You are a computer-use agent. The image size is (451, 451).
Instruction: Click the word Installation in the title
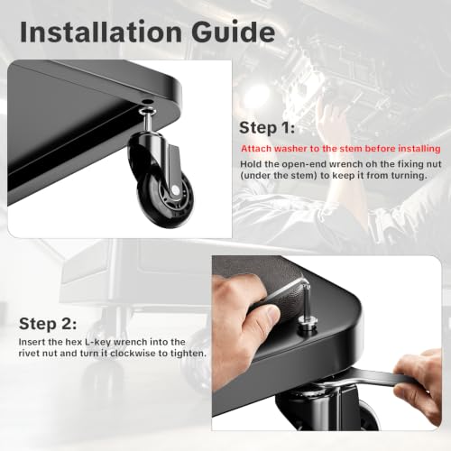pyautogui.click(x=101, y=32)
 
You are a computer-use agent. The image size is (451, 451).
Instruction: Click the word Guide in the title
pyautogui.click(x=234, y=32)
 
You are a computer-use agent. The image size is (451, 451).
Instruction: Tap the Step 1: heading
pyautogui.click(x=267, y=127)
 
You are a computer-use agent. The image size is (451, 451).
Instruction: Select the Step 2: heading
pyautogui.click(x=48, y=324)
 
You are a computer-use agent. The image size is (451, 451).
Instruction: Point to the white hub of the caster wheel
pyautogui.click(x=174, y=189)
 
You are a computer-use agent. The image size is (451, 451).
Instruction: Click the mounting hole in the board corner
pyautogui.click(x=146, y=102)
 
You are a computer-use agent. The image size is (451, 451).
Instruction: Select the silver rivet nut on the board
pyautogui.click(x=308, y=327)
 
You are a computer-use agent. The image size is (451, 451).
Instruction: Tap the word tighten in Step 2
pyautogui.click(x=189, y=353)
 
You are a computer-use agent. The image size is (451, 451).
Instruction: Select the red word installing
pyautogui.click(x=419, y=149)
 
